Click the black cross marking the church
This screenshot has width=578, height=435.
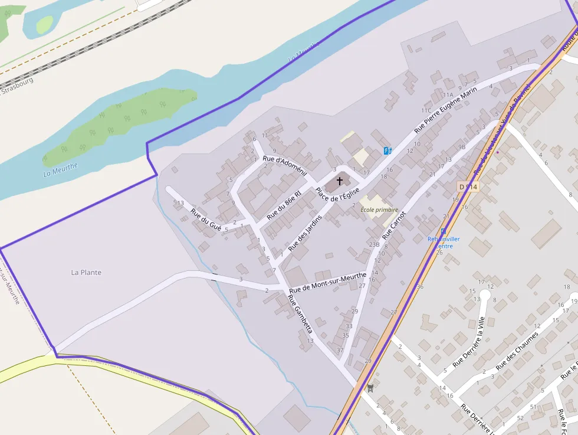[340, 180]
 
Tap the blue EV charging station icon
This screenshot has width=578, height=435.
[387, 151]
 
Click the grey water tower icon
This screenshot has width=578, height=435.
[370, 388]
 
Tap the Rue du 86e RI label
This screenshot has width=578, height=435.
[284, 205]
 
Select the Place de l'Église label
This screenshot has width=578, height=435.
[337, 194]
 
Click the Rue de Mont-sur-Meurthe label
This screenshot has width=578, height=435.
[328, 283]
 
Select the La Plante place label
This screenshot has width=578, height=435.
[86, 273]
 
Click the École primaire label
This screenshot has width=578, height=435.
[379, 210]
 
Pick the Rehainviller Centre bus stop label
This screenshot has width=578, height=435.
[444, 242]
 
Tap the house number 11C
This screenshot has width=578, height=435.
[426, 110]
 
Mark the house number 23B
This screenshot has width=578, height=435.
[374, 244]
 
